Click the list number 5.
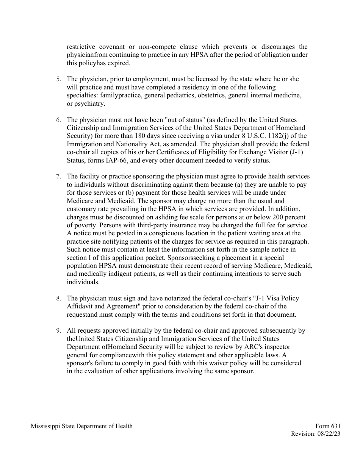click(x=58, y=80)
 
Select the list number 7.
click(x=58, y=177)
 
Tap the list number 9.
click(x=58, y=331)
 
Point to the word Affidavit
click(x=81, y=306)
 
